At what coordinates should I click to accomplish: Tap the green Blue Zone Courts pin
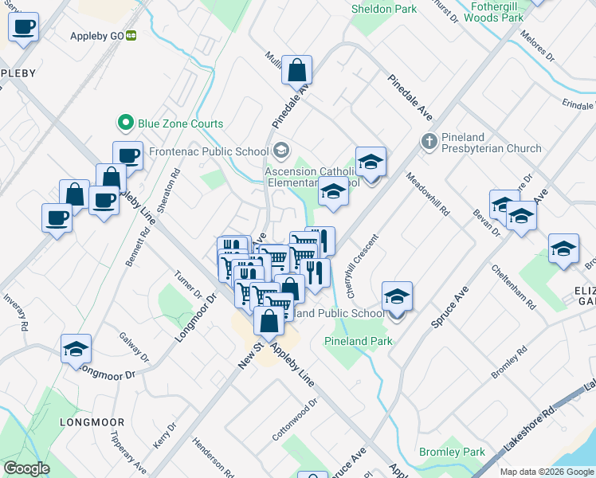[x=124, y=123]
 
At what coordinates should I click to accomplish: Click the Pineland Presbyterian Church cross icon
[x=429, y=140]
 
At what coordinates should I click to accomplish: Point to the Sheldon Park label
[x=384, y=10]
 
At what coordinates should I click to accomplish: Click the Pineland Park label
[x=358, y=341]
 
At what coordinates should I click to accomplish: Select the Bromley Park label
[x=452, y=452]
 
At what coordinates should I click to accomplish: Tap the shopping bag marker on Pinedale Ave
[x=297, y=71]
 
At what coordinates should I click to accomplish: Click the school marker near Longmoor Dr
[x=76, y=349]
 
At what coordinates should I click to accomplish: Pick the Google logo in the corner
[x=26, y=468]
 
